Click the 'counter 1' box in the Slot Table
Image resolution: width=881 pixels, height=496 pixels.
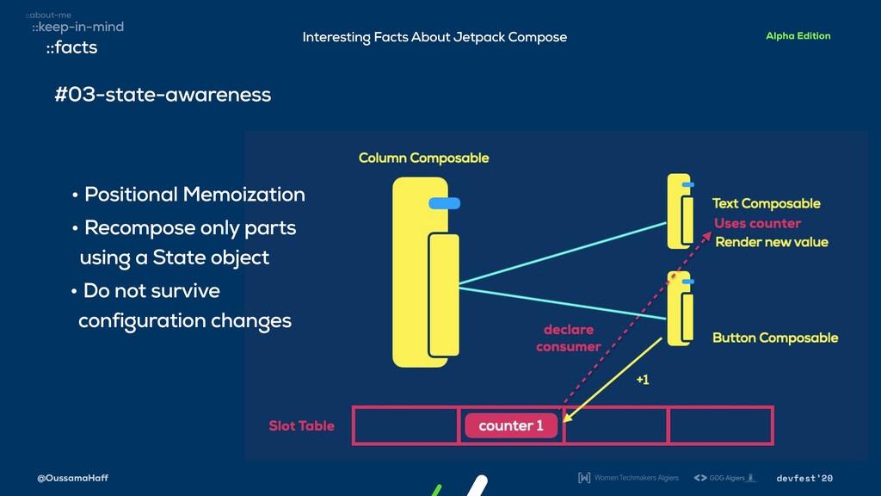pyautogui.click(x=511, y=425)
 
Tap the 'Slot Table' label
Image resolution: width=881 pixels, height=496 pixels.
pyautogui.click(x=301, y=425)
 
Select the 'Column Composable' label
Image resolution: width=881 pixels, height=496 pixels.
pyautogui.click(x=423, y=158)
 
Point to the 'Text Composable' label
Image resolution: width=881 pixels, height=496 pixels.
pyautogui.click(x=766, y=203)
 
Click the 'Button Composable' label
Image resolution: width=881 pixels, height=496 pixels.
pyautogui.click(x=774, y=338)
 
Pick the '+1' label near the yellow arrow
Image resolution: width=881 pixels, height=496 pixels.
pyautogui.click(x=642, y=381)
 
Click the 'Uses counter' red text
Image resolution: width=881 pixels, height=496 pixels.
pyautogui.click(x=757, y=223)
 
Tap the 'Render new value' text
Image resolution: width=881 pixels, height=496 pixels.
pyautogui.click(x=771, y=242)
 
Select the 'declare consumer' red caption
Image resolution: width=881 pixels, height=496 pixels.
pyautogui.click(x=568, y=338)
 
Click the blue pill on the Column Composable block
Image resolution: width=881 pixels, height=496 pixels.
pyautogui.click(x=444, y=203)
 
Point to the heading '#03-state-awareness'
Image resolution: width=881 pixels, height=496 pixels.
pyautogui.click(x=163, y=94)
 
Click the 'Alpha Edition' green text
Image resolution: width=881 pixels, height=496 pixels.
pyautogui.click(x=798, y=36)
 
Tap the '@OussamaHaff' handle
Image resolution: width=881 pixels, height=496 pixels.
pyautogui.click(x=72, y=478)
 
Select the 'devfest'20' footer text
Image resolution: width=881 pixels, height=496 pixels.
pyautogui.click(x=804, y=478)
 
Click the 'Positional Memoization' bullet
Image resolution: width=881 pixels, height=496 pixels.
pyautogui.click(x=194, y=195)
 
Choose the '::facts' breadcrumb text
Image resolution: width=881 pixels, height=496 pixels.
pyautogui.click(x=71, y=47)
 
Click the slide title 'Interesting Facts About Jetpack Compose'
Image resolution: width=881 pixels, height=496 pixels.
pyautogui.click(x=434, y=37)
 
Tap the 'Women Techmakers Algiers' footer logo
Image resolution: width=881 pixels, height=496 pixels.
pyautogui.click(x=628, y=478)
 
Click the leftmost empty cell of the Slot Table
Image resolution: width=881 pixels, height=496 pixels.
pyautogui.click(x=405, y=425)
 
